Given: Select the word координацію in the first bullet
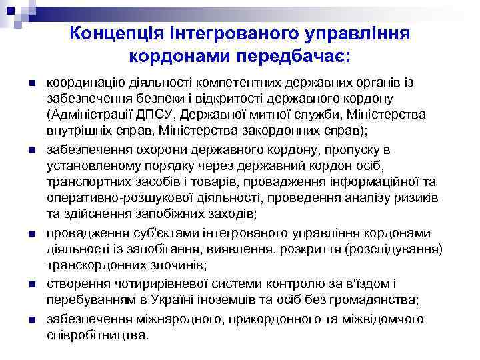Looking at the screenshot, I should point(82,83).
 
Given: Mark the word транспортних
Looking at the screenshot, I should point(86,181).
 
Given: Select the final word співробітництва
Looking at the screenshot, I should point(97,335).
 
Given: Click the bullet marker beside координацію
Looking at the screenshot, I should point(32,83).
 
